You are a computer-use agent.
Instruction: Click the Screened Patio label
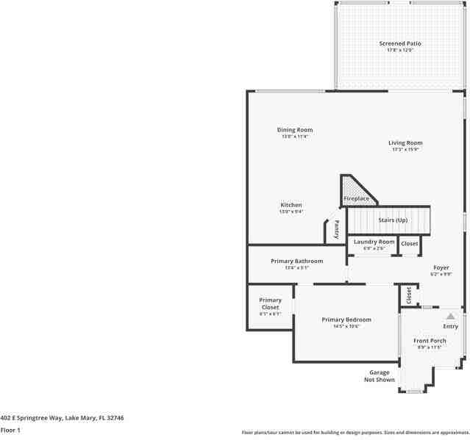(x=400, y=43)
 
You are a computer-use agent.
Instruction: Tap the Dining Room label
(x=294, y=130)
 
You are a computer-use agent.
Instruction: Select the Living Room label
(x=405, y=143)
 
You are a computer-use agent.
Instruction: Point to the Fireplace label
(x=357, y=198)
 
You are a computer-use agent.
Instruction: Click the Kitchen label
(x=291, y=205)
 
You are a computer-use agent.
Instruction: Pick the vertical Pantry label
(x=337, y=229)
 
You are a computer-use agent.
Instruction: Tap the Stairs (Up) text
(x=392, y=220)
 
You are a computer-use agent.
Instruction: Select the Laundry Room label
(x=374, y=242)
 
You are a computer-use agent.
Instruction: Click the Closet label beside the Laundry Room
(x=410, y=243)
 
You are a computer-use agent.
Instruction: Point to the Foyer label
(x=441, y=268)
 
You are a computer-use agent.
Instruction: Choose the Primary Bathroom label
(x=296, y=261)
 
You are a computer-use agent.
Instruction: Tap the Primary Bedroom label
(x=346, y=320)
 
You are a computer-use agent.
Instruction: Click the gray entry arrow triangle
(x=450, y=316)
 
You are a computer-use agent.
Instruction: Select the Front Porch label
(x=430, y=341)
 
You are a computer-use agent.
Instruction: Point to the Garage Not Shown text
(x=380, y=376)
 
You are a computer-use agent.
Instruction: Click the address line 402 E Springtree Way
(x=62, y=417)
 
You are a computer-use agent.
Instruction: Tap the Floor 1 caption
(x=10, y=430)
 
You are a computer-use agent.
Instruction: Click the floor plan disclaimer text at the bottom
(x=355, y=433)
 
